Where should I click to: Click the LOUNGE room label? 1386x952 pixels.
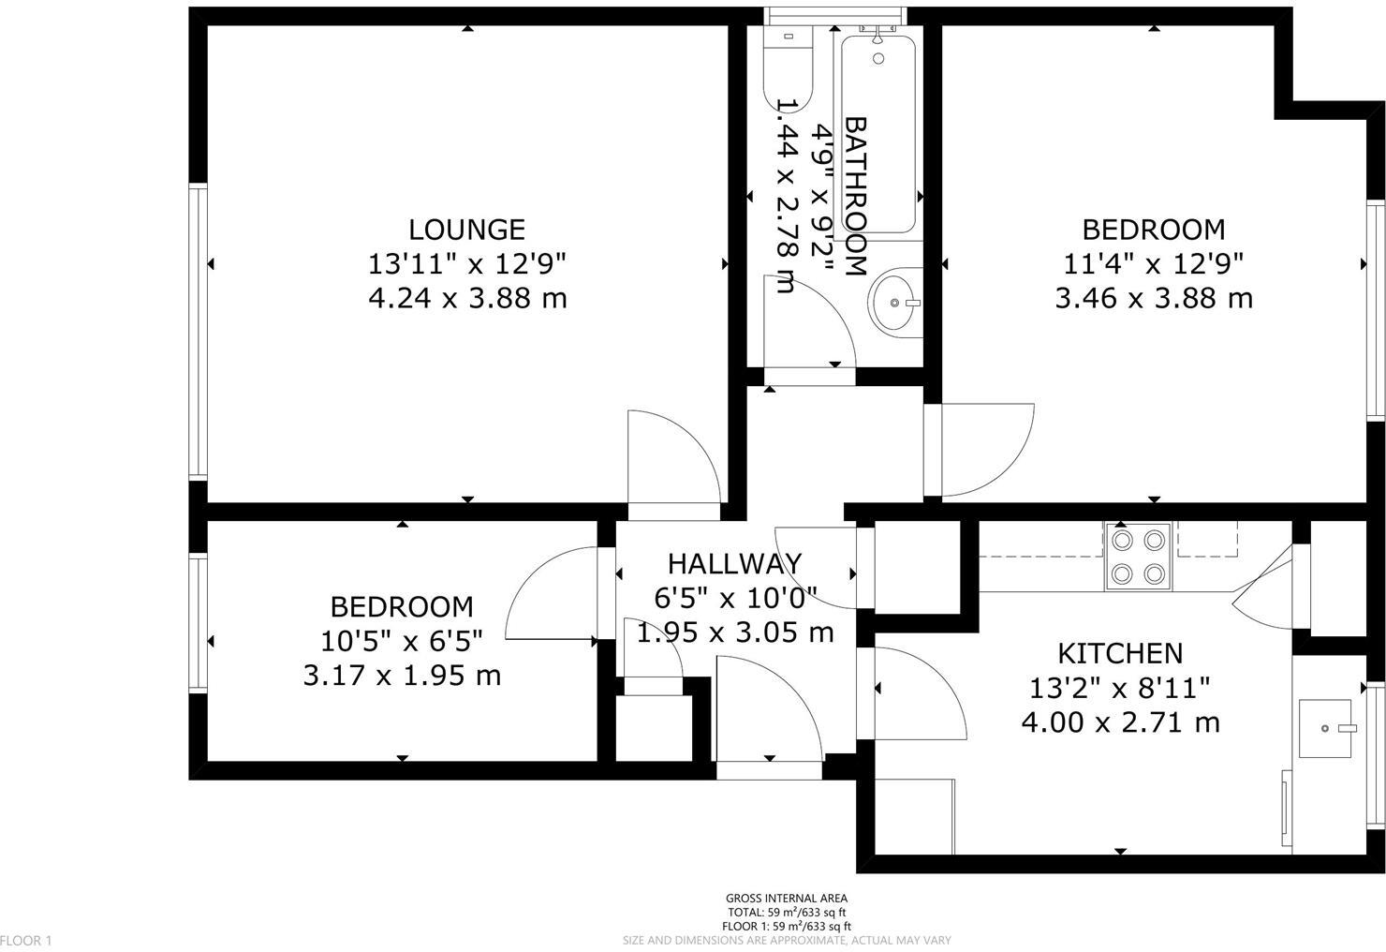point(466,230)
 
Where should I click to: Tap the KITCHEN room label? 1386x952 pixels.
point(1120,653)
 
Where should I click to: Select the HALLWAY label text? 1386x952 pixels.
point(734,563)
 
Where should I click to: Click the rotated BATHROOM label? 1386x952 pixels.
point(856,196)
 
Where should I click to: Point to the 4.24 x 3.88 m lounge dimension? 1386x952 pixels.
point(466,298)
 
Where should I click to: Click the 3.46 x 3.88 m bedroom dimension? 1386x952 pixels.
point(1153,298)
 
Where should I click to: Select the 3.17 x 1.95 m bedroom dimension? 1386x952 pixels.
point(402,675)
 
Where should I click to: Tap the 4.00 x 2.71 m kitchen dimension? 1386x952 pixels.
point(1120,722)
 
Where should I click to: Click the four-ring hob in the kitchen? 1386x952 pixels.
point(1138,557)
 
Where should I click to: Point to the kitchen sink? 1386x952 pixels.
point(1328,728)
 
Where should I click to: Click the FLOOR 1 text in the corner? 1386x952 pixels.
point(26,940)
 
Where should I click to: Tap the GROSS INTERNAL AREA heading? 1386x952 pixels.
point(787,899)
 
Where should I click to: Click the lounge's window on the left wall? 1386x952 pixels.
point(198,333)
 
